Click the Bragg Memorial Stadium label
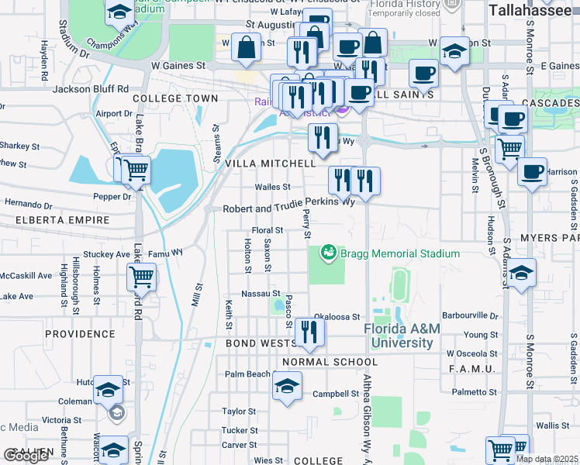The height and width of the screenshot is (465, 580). point(400,253)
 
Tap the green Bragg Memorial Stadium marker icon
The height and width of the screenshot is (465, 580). point(329,253)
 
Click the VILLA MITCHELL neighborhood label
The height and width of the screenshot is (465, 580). point(270,164)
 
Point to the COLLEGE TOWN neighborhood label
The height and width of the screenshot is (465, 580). point(175,98)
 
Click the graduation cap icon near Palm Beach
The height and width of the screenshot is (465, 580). point(287,384)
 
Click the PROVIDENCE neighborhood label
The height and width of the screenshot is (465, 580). point(80,334)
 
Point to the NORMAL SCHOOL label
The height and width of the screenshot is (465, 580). point(330,362)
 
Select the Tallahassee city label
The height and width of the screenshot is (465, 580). point(533,10)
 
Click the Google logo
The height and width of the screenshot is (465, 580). point(26,455)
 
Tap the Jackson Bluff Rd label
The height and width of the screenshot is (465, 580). point(90,89)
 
